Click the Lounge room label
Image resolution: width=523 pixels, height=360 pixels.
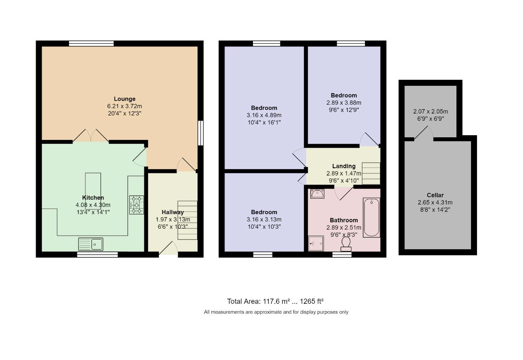125,99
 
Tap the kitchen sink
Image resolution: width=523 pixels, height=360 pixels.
91,244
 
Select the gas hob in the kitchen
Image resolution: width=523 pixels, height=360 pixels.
137,205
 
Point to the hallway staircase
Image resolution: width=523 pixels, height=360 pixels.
187,220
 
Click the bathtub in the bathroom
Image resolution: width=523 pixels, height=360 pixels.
371,217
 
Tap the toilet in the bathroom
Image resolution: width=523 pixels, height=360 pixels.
346,243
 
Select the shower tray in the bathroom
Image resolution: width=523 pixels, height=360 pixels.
316,243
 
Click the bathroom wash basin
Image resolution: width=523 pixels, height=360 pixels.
317,194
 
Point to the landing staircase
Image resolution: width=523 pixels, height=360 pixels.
371,172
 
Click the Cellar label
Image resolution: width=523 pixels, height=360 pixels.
435,195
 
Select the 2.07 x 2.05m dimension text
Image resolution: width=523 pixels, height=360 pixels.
430,111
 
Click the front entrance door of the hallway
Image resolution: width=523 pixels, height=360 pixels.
168,249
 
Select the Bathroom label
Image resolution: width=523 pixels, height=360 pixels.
344,220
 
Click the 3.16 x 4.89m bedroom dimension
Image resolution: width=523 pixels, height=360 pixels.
264,115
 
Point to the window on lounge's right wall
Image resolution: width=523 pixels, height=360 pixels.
201,133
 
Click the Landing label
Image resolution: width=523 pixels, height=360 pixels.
344,166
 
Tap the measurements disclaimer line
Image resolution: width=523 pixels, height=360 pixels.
276,312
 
